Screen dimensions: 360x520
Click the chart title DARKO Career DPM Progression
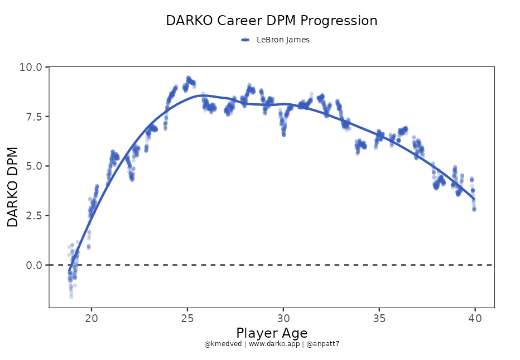(x=272, y=21)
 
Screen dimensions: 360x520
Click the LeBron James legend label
(x=283, y=40)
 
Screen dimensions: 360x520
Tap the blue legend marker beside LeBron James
(x=245, y=40)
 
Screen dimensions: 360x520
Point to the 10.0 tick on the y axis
(x=31, y=67)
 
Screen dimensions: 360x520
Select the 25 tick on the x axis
(x=187, y=319)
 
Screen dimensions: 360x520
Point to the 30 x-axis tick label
(x=283, y=319)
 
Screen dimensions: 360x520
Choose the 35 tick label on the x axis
(x=379, y=319)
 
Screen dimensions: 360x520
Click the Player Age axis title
(x=272, y=333)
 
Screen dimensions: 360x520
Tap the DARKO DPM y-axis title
(x=13, y=187)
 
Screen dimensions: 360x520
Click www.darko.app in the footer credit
(x=272, y=344)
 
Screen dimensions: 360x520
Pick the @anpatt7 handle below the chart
(x=322, y=344)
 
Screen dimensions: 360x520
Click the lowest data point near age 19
(x=71, y=296)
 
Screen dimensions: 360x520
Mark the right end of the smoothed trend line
(x=474, y=199)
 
